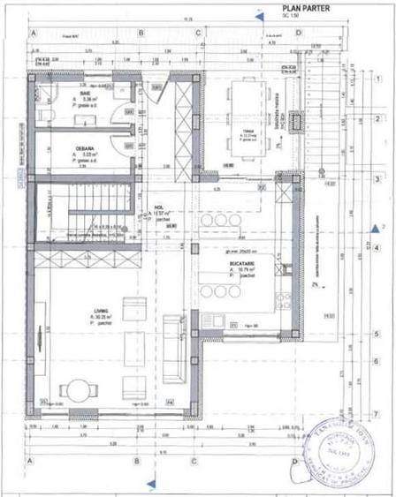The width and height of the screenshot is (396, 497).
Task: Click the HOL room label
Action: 160,208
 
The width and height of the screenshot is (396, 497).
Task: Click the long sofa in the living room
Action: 174,357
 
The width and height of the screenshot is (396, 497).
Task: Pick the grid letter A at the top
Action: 33,33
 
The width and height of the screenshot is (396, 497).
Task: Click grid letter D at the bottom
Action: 295,460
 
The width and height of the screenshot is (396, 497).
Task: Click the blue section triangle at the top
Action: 258,13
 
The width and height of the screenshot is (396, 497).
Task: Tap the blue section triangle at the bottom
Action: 151,482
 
